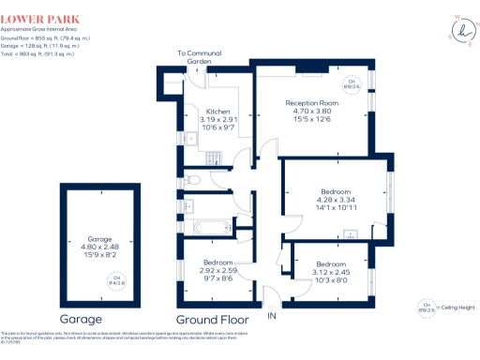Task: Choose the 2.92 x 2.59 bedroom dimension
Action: pyautogui.click(x=217, y=271)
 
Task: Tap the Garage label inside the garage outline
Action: pyautogui.click(x=98, y=239)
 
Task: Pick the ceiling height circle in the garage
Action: pyautogui.click(x=117, y=278)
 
